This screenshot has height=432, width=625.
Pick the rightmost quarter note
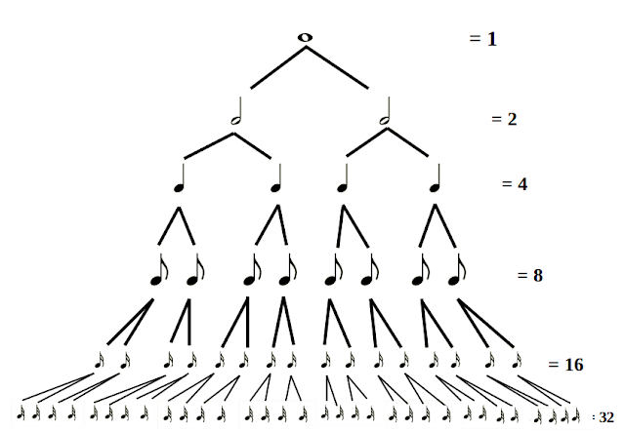click(x=435, y=179)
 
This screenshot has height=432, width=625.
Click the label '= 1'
click(x=483, y=40)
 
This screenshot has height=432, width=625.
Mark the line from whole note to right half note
click(x=343, y=71)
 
